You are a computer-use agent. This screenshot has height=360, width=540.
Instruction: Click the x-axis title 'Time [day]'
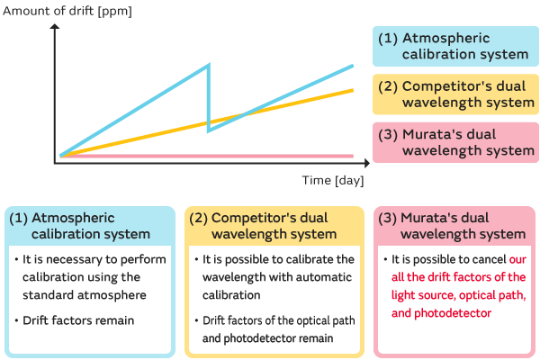332,180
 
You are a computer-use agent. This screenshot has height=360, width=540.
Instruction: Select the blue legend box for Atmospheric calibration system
454,46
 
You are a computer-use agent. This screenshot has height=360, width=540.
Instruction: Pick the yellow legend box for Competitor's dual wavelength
454,94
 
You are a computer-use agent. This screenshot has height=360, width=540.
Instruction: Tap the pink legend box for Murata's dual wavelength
454,142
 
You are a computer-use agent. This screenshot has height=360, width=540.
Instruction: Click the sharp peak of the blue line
209,65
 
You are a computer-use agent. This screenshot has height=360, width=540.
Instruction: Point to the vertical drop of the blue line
209,99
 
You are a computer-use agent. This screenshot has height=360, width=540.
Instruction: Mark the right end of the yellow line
353,90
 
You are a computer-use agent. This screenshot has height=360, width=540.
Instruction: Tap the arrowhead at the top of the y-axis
56,26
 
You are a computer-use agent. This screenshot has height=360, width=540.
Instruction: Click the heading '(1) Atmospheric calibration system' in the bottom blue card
89,226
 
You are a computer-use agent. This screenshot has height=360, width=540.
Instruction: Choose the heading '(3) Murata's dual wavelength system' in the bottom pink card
454,226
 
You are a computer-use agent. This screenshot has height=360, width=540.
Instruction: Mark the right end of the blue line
353,66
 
